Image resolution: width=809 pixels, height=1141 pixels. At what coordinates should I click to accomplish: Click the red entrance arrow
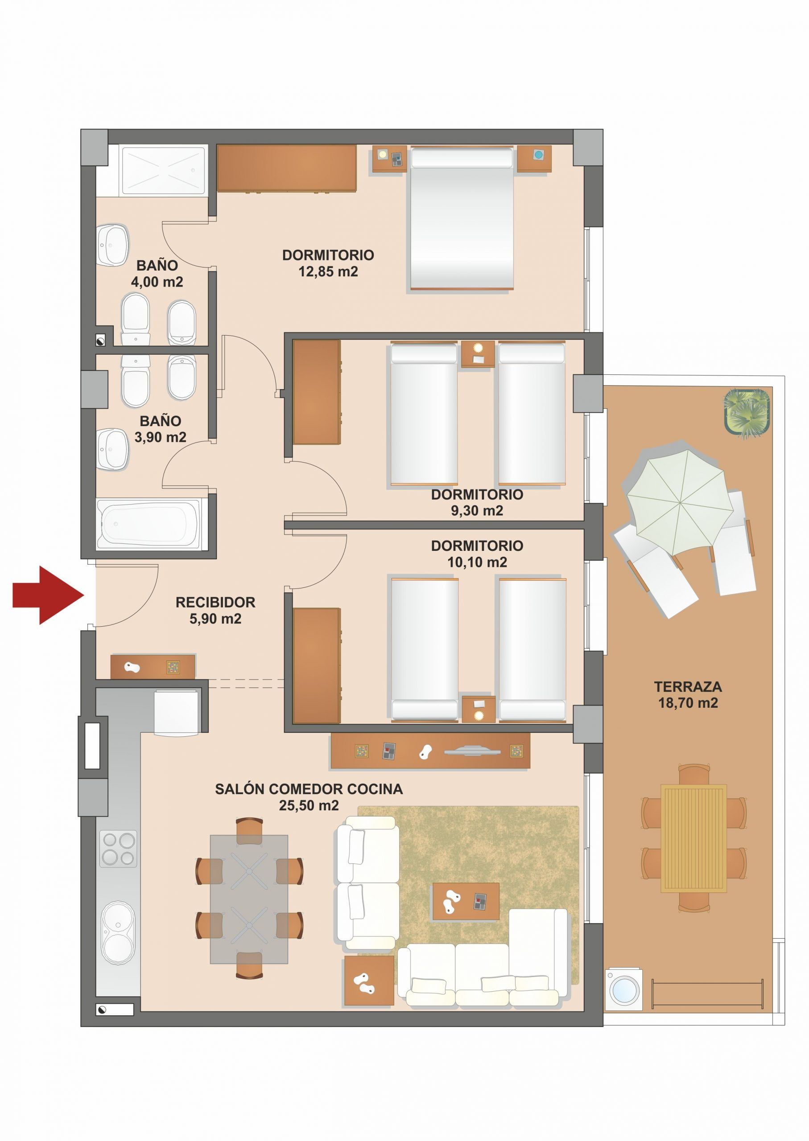pyautogui.click(x=48, y=595)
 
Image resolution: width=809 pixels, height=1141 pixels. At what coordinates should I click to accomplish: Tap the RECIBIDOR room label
pyautogui.click(x=215, y=602)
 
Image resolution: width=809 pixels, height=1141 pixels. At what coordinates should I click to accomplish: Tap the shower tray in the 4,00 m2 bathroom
pyautogui.click(x=162, y=170)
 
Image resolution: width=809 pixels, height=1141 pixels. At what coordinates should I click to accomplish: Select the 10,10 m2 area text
pyautogui.click(x=477, y=562)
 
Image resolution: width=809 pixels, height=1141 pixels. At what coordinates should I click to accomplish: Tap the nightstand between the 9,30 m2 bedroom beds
pyautogui.click(x=478, y=354)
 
